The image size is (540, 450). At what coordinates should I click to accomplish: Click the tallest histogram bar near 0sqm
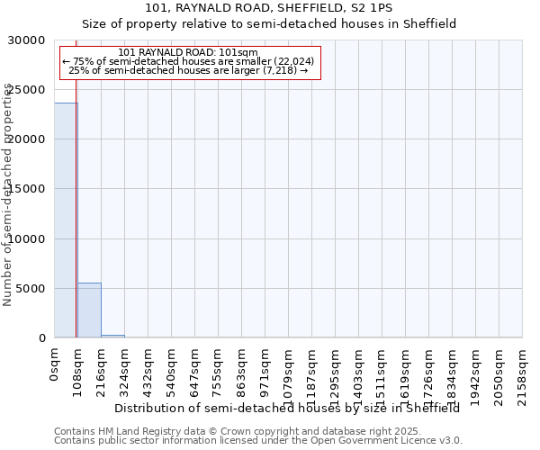point(66,220)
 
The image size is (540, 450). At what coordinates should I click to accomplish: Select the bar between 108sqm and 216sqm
point(89,310)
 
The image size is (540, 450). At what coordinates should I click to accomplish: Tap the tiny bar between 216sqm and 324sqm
point(112,336)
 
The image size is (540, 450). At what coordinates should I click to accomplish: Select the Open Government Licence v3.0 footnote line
point(258,441)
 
